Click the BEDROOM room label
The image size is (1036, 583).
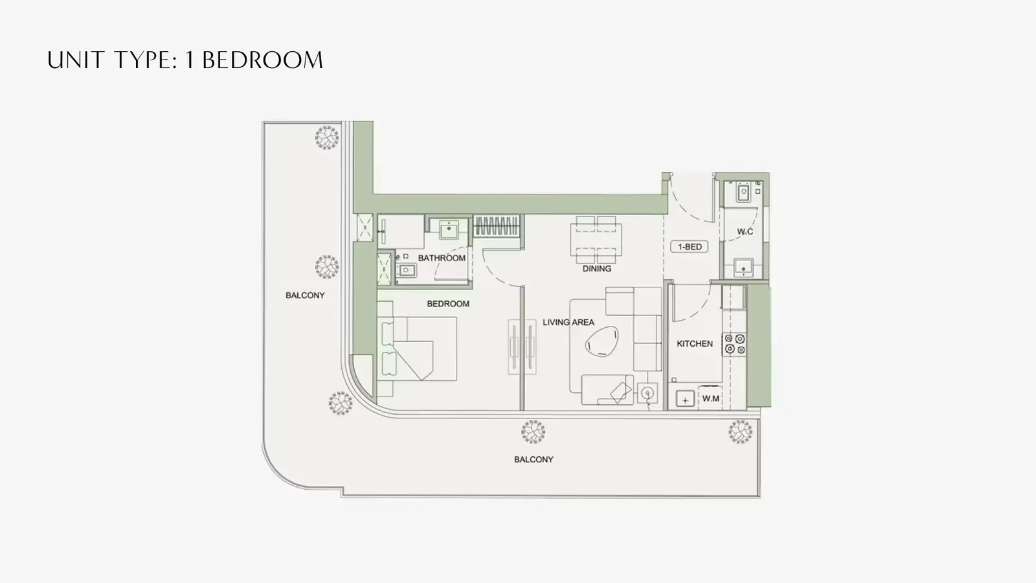pos(447,304)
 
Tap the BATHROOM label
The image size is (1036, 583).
pos(442,258)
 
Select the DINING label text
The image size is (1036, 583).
pos(596,269)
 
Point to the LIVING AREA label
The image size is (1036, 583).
pos(569,323)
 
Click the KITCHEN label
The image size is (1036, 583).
pos(695,344)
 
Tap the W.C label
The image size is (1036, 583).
pos(745,232)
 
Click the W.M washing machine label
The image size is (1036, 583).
pos(710,398)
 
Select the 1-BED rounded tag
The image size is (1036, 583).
pos(690,247)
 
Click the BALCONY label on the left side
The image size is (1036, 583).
pos(305,295)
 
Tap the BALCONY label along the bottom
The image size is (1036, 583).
pos(534,459)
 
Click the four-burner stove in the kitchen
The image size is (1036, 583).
pos(734,345)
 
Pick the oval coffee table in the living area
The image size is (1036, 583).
pos(602,341)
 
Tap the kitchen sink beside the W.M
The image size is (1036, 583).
pos(685,399)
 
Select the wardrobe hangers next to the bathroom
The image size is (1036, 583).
pos(497,226)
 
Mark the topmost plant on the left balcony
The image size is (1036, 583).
pos(327,137)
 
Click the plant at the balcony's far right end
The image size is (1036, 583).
pos(740,431)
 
